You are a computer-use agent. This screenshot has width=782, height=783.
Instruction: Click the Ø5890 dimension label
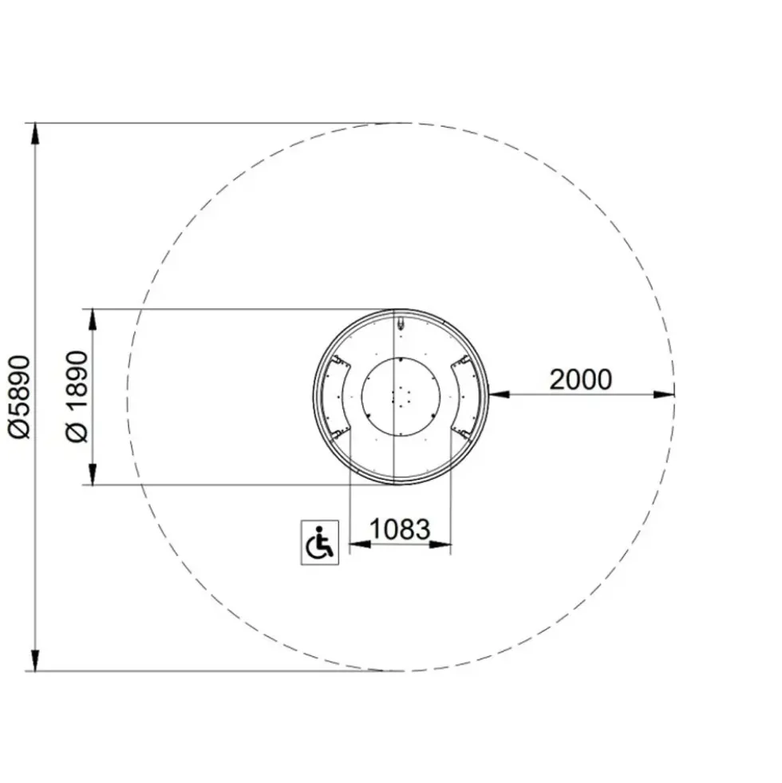20,397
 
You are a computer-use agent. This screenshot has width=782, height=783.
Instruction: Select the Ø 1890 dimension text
77,397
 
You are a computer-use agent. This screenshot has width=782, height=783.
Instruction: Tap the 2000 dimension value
581,379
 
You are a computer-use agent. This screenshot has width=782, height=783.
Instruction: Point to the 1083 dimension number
400,529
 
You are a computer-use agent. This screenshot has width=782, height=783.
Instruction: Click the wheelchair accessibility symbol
320,542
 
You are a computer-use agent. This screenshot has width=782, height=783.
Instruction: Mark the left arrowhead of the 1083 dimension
360,544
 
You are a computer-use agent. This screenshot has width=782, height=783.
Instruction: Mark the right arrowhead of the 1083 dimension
440,544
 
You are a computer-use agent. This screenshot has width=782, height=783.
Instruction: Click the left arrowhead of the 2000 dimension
500,394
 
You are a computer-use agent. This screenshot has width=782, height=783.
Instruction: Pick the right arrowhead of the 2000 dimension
664,394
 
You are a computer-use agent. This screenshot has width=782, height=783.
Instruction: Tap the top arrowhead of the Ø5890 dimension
35,134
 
